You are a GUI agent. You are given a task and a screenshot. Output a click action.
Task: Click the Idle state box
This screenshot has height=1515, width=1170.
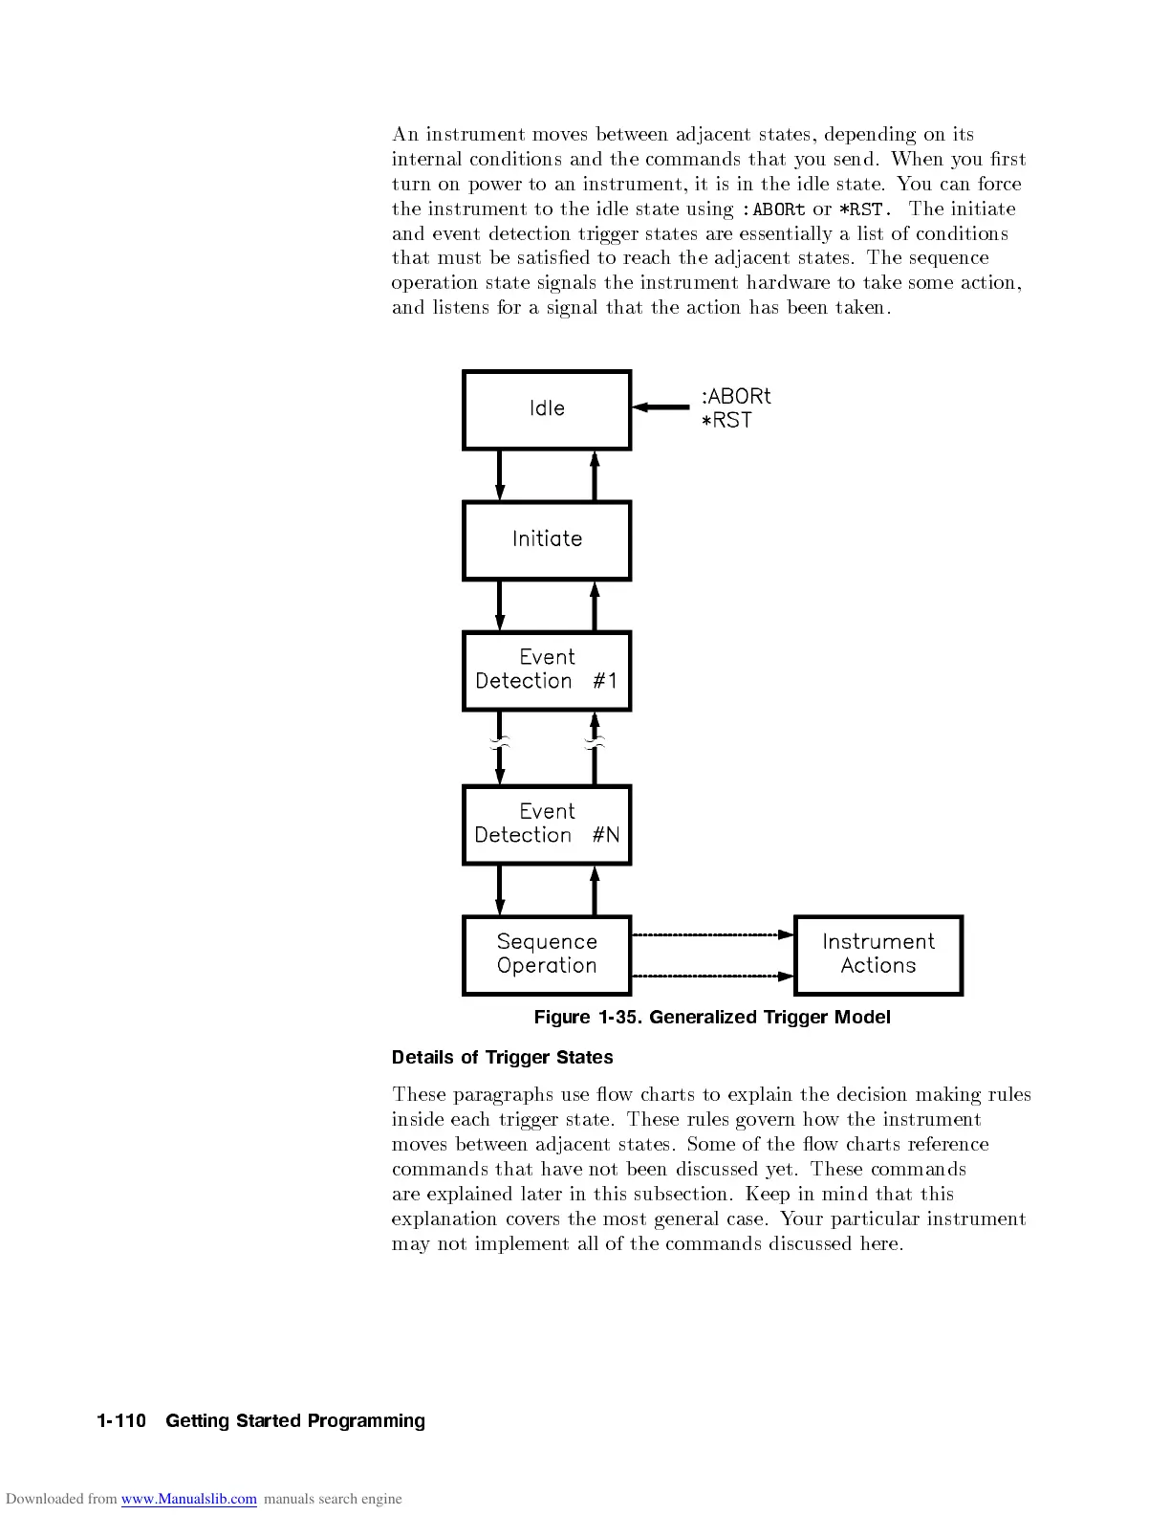click(x=547, y=409)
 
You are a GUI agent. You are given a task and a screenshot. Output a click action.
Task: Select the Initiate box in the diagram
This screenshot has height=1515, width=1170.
click(x=547, y=540)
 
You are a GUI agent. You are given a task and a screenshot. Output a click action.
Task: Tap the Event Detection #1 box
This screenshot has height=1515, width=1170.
click(x=547, y=670)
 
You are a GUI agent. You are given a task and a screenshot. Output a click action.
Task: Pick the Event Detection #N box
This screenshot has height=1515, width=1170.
click(x=547, y=824)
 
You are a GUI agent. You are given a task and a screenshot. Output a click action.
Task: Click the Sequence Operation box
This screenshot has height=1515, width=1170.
click(x=547, y=955)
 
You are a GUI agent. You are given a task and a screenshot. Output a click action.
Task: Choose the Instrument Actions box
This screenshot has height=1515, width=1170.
click(x=878, y=955)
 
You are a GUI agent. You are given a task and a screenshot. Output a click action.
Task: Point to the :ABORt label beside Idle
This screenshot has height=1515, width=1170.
click(x=736, y=396)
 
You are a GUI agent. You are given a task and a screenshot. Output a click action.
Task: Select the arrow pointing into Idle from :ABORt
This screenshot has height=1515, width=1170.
click(x=661, y=407)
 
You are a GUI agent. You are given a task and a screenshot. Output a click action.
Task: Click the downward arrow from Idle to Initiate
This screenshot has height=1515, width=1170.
click(x=499, y=475)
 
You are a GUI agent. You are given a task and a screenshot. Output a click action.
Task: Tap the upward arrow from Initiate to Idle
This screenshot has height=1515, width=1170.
click(x=595, y=475)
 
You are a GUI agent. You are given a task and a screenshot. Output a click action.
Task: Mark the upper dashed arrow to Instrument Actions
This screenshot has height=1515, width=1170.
click(x=713, y=934)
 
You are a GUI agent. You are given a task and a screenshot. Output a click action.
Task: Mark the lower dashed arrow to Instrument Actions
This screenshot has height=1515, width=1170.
click(x=713, y=976)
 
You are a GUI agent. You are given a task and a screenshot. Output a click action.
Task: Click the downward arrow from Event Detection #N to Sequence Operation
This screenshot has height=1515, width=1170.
click(x=499, y=890)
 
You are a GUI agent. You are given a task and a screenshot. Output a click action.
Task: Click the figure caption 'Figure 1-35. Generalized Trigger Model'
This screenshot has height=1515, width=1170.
click(x=712, y=1018)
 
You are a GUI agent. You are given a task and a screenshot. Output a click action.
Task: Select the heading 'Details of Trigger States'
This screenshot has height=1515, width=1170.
click(x=502, y=1058)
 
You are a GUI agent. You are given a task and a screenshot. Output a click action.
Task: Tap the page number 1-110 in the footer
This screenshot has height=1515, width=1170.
click(x=121, y=1421)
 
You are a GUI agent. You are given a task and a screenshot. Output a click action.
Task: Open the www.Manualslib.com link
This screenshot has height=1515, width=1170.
click(x=188, y=1499)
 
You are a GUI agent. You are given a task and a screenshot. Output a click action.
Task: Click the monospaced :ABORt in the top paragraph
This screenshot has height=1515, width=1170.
click(x=772, y=209)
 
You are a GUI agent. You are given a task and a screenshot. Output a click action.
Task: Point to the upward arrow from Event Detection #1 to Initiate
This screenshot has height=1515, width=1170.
click(x=595, y=605)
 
